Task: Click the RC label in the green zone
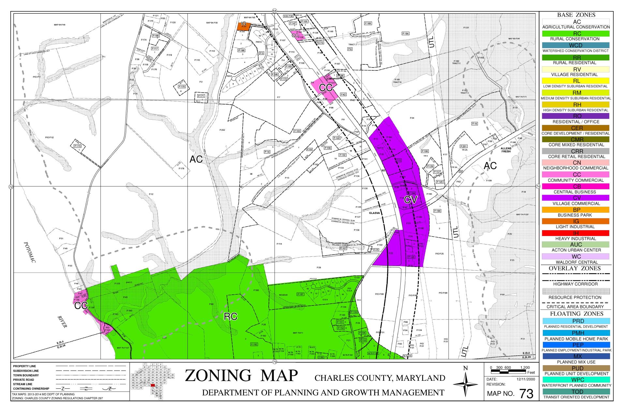coord(230,316)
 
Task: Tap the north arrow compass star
coord(466,385)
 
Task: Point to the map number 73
coord(526,394)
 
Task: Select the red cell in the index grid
coord(153,385)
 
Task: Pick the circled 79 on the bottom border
coord(275,362)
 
